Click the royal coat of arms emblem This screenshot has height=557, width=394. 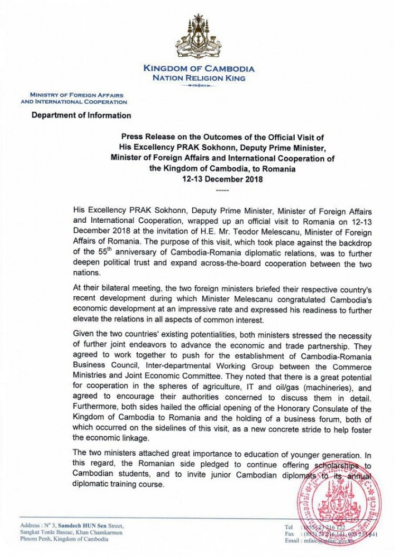pyautogui.click(x=198, y=38)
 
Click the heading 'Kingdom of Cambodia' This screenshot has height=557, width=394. pyautogui.click(x=198, y=69)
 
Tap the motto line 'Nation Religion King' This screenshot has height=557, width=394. pyautogui.click(x=198, y=79)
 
